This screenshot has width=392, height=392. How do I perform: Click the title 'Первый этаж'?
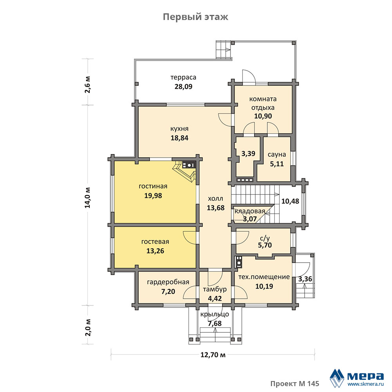pyautogui.click(x=196, y=17)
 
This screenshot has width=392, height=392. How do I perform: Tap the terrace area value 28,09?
pyautogui.click(x=183, y=87)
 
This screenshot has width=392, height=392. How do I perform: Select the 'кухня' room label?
pyautogui.click(x=180, y=129)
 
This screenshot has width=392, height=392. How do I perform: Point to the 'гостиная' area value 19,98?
pyautogui.click(x=153, y=196)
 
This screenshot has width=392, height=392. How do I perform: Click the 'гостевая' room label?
pyautogui.click(x=155, y=242)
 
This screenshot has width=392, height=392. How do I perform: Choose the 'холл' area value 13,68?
pyautogui.click(x=216, y=208)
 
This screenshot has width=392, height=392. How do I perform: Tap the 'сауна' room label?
pyautogui.click(x=277, y=154)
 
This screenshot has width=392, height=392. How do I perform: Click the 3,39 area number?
pyautogui.click(x=248, y=154)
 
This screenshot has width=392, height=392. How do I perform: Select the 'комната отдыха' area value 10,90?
pyautogui.click(x=263, y=116)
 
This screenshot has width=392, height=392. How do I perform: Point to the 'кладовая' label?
pyautogui.click(x=250, y=211)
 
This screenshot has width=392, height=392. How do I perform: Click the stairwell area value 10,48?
pyautogui.click(x=290, y=201)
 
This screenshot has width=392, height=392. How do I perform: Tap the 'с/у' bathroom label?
pyautogui.click(x=265, y=238)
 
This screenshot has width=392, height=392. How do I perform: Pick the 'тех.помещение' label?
pyautogui.click(x=264, y=277)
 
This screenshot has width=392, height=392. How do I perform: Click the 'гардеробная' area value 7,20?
pyautogui.click(x=168, y=292)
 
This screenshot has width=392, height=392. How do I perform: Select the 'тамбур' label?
pyautogui.click(x=215, y=289)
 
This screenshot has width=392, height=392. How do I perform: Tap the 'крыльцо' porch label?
pyautogui.click(x=215, y=314)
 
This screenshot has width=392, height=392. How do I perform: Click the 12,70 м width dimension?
pyautogui.click(x=213, y=355)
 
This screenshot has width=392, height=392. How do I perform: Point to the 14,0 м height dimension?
pyautogui.click(x=88, y=198)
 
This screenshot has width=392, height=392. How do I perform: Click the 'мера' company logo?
pyautogui.click(x=357, y=377)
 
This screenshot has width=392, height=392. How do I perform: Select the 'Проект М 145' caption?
pyautogui.click(x=295, y=383)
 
